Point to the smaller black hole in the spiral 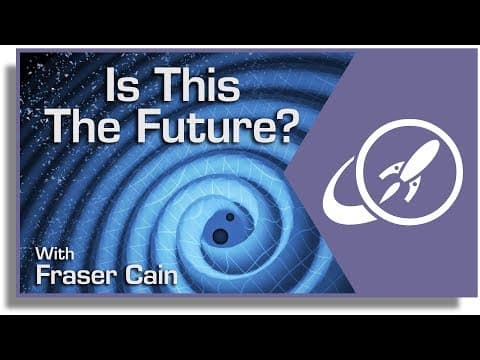231,218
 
